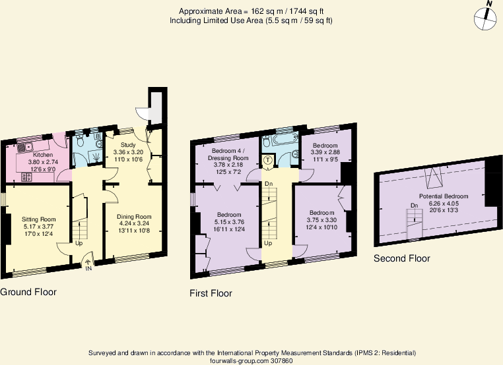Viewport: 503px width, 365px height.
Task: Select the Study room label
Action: [127, 144]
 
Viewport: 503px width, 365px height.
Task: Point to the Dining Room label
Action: [134, 216]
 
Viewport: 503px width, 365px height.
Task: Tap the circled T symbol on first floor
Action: [268, 159]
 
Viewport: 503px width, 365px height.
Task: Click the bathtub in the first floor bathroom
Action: [273, 140]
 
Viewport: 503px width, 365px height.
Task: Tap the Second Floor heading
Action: [401, 258]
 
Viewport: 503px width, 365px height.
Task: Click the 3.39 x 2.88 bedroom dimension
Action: [325, 152]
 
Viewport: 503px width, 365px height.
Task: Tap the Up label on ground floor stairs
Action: [79, 242]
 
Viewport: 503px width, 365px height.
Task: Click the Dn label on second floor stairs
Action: [414, 206]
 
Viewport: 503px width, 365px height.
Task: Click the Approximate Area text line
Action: [251, 11]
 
